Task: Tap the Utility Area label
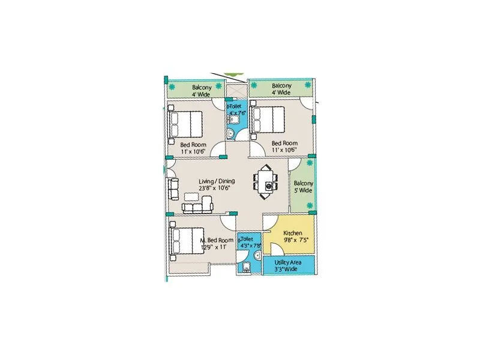tap(288, 263)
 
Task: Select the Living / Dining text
tap(217, 181)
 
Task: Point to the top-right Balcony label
tap(281, 86)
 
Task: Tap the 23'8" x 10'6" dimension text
tap(217, 188)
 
